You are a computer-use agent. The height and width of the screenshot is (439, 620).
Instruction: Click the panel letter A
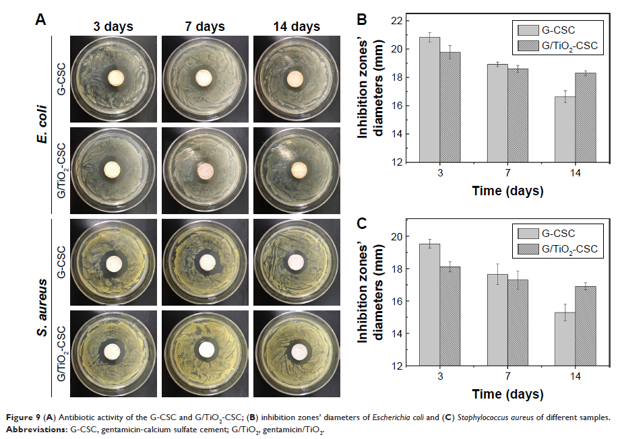41,21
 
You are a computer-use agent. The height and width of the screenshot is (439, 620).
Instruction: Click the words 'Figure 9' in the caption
23,417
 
